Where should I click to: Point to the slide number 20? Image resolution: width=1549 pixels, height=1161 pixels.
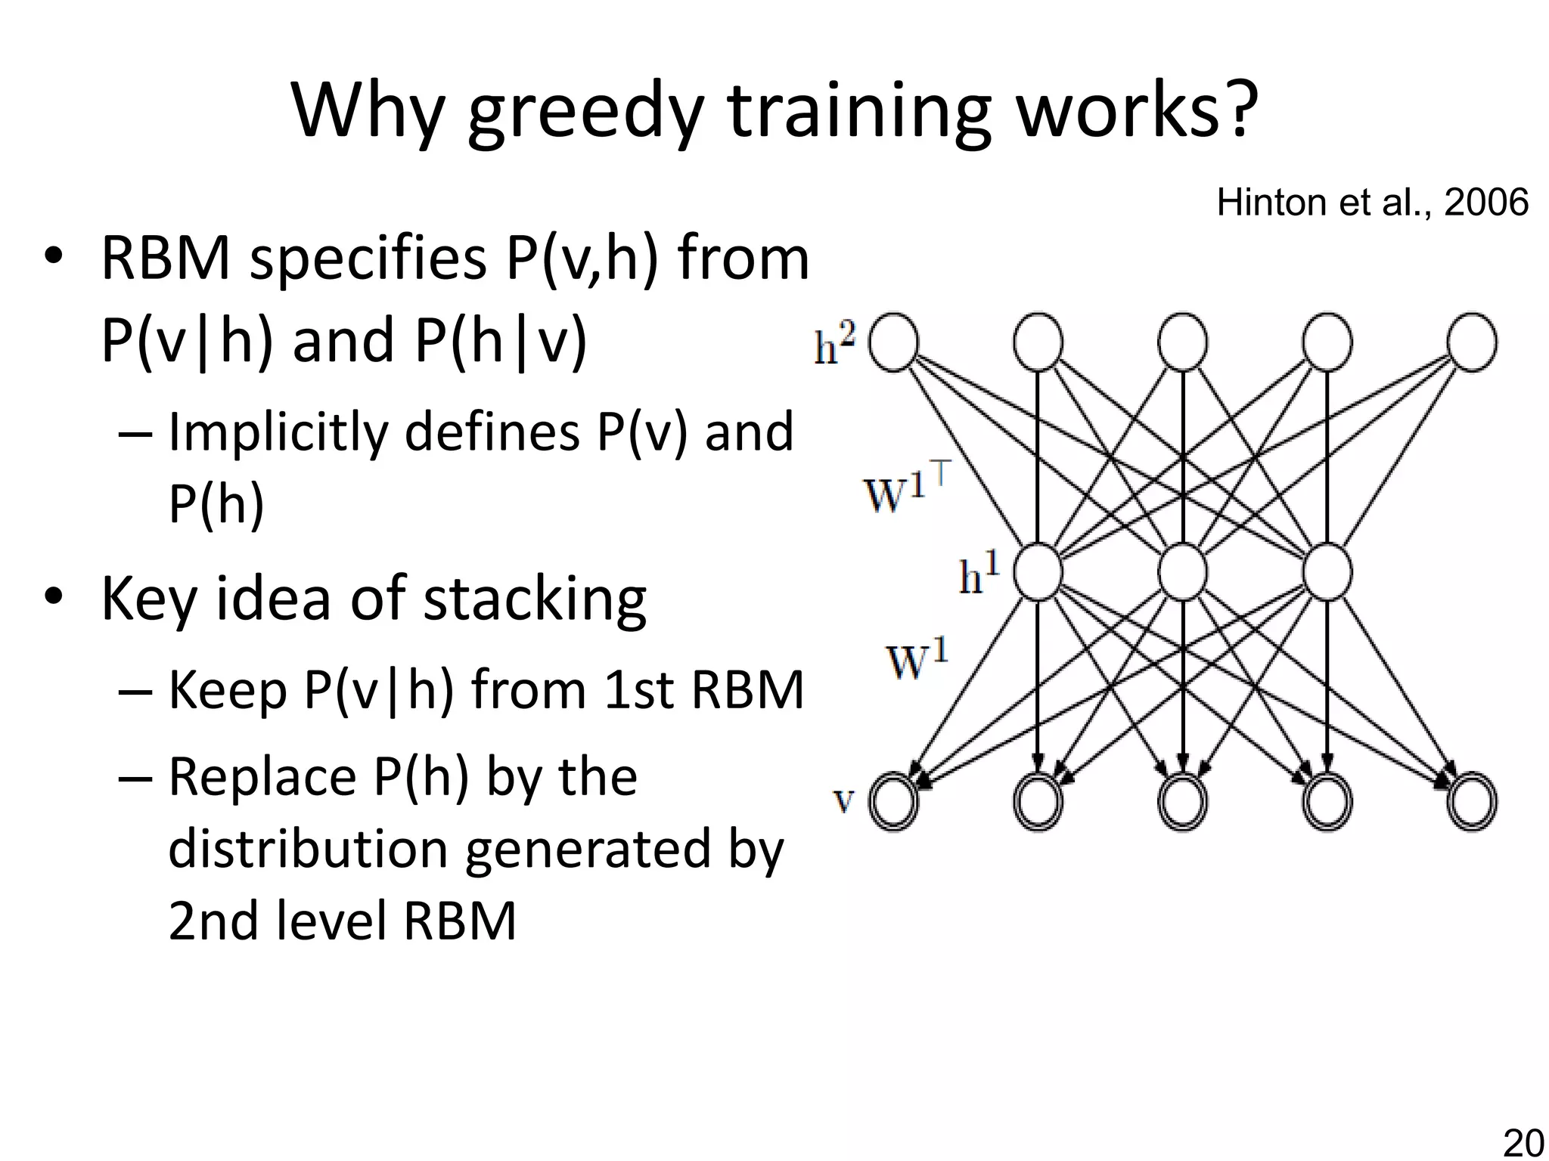tap(1523, 1143)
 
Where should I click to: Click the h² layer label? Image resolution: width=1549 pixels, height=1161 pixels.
tap(835, 345)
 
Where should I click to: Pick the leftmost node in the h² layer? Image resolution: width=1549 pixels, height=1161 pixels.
tap(894, 342)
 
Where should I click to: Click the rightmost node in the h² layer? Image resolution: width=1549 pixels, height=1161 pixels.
tap(1471, 342)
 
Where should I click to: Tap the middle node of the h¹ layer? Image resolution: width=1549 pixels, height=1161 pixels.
tap(1182, 572)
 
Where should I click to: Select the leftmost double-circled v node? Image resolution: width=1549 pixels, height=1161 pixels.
tap(894, 801)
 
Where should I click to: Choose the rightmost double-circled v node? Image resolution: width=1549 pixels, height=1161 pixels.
tap(1471, 801)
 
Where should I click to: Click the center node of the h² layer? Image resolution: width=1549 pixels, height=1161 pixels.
tap(1182, 342)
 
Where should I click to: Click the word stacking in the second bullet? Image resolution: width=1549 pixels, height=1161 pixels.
tap(534, 599)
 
